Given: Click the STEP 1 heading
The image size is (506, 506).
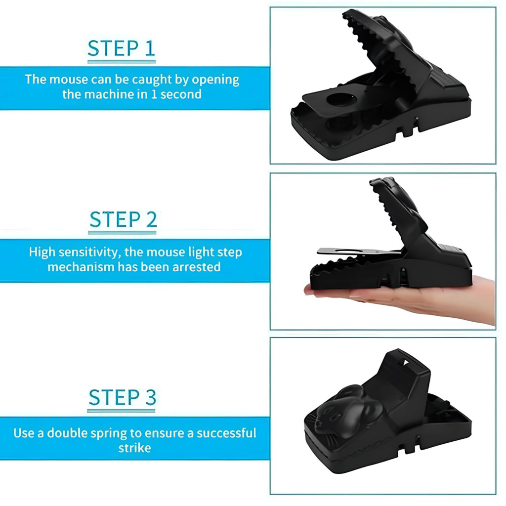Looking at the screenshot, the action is tap(122, 48).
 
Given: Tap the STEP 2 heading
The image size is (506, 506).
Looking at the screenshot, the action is tap(123, 219).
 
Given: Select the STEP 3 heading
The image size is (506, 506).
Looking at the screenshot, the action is tap(123, 397).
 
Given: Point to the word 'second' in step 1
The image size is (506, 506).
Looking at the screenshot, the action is tap(181, 94).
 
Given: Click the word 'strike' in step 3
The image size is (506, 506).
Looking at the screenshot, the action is tap(134, 448).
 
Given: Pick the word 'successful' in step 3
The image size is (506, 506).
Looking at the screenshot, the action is tap(226, 433).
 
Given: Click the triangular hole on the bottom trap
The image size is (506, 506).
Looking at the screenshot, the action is tap(405, 363).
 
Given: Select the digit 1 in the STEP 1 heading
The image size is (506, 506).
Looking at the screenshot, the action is tap(150, 48).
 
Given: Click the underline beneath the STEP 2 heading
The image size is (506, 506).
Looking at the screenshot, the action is tap(123, 232).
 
